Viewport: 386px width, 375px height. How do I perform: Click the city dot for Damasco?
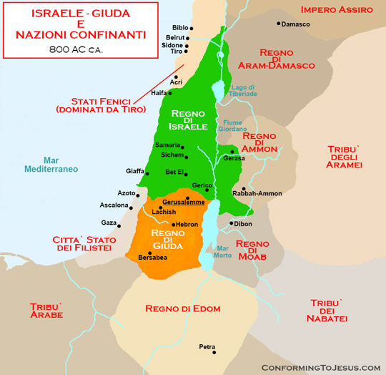tap(279, 24)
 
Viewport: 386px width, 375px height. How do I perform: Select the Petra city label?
tap(207, 347)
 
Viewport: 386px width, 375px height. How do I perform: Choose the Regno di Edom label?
tap(182, 308)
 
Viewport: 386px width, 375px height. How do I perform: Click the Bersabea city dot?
tap(149, 253)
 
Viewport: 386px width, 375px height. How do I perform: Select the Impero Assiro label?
tap(337, 9)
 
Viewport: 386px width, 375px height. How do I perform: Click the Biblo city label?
tap(182, 27)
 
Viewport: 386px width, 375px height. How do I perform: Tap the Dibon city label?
tap(242, 223)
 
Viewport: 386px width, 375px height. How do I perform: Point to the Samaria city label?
tap(167, 145)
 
